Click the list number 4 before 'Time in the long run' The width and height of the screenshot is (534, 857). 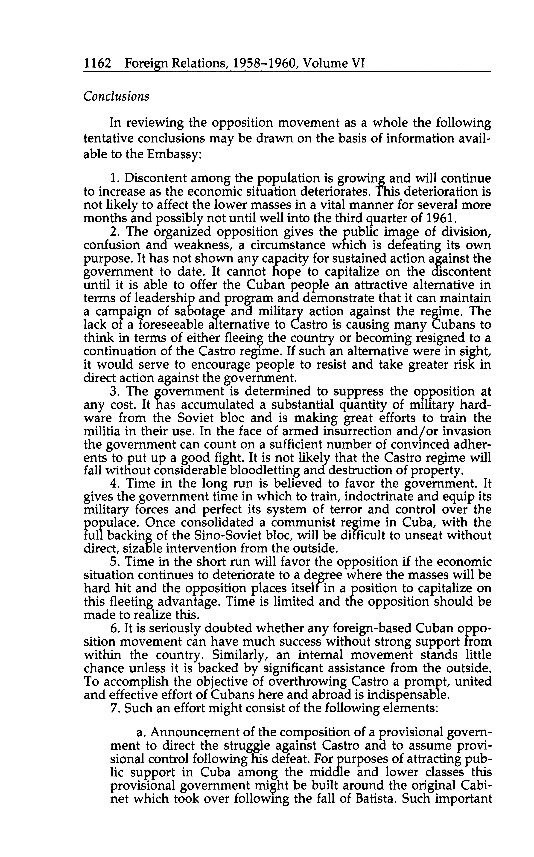click(x=113, y=483)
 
